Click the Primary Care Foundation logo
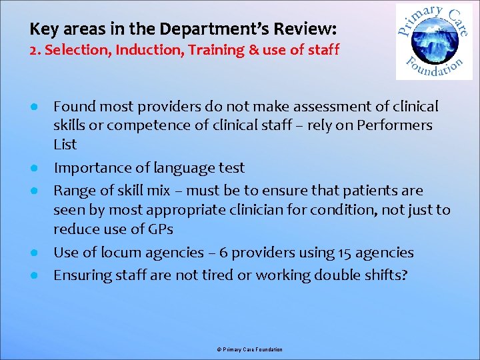click(433, 41)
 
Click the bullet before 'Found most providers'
click(33, 107)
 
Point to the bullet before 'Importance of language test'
click(33, 168)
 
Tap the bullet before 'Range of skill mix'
click(33, 191)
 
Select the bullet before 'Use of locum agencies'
click(33, 253)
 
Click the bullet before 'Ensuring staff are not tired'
click(33, 275)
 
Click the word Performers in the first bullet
click(399, 125)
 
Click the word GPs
click(160, 230)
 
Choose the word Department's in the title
click(218, 30)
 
